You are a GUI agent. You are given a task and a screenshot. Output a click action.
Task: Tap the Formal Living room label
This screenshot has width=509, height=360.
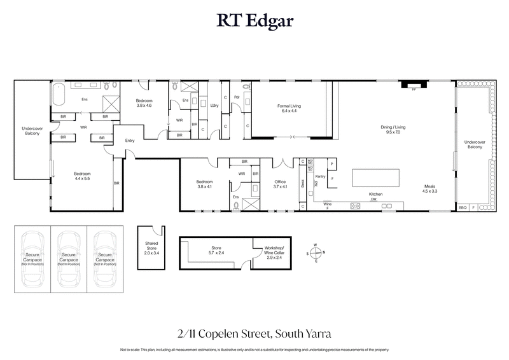click(x=287, y=108)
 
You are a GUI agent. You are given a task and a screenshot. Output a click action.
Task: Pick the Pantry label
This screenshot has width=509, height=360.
click(x=320, y=177)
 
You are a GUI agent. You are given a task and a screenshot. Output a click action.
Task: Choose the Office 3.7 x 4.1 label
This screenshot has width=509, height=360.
click(x=281, y=184)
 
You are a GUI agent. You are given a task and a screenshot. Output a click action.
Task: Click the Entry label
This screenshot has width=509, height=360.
click(x=130, y=141)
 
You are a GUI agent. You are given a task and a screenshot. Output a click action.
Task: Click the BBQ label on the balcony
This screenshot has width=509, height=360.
click(x=463, y=208)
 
